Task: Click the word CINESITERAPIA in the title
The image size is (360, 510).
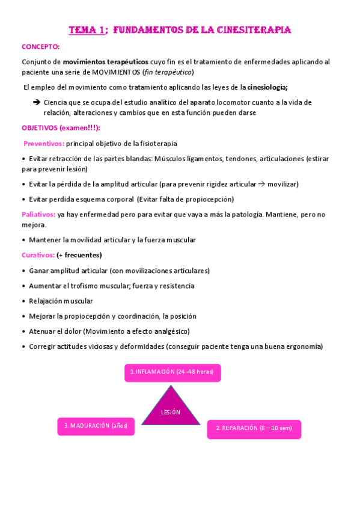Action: click(x=254, y=29)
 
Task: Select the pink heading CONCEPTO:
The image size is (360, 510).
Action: click(x=40, y=46)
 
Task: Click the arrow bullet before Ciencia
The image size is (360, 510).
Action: click(x=37, y=102)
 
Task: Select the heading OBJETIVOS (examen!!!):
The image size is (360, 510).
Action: click(x=61, y=128)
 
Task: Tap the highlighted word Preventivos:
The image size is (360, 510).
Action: click(x=44, y=144)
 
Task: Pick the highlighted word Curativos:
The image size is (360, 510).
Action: click(x=38, y=255)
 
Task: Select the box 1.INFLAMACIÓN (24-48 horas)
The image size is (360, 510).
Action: click(x=172, y=372)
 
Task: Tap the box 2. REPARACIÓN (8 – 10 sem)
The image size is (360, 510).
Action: click(x=253, y=428)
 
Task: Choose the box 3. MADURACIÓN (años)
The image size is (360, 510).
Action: click(x=96, y=426)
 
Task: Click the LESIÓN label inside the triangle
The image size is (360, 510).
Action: click(x=171, y=412)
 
